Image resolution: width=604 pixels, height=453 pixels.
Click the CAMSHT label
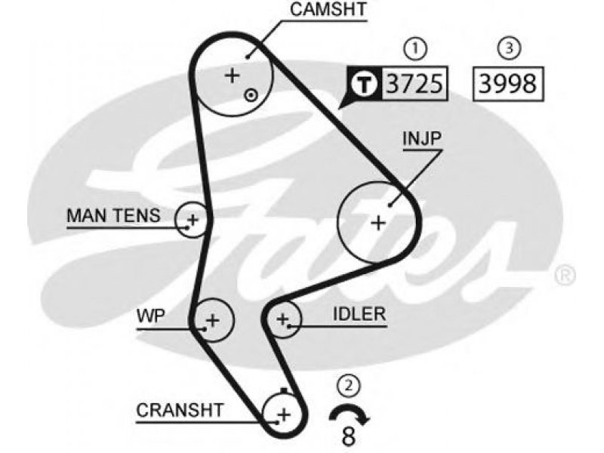click(328, 10)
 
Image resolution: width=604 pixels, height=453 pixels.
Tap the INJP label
click(422, 138)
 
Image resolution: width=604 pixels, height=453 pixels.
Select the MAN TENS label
click(114, 216)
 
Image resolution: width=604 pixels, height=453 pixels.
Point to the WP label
click(150, 316)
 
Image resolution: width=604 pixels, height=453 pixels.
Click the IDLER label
click(359, 314)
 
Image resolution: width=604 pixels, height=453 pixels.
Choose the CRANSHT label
click(180, 411)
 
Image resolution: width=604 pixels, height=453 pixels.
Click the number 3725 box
click(414, 84)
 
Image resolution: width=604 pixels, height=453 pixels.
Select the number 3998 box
click(508, 84)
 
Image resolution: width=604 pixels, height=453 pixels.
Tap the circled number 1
click(415, 48)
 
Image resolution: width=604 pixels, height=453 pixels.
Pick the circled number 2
click(349, 385)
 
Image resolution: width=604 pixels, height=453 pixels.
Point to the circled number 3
click(509, 48)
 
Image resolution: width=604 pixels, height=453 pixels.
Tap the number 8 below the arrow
click(348, 437)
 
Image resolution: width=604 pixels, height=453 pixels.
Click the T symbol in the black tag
click(365, 84)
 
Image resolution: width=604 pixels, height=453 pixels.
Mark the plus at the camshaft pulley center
click(232, 75)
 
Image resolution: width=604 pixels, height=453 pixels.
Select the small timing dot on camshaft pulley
click(251, 95)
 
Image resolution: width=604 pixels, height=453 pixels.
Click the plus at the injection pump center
click(378, 223)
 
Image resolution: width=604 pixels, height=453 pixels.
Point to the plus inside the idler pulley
click(283, 319)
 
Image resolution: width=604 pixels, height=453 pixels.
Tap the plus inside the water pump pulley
click(212, 320)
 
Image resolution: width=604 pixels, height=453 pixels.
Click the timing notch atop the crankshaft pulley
click(285, 390)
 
